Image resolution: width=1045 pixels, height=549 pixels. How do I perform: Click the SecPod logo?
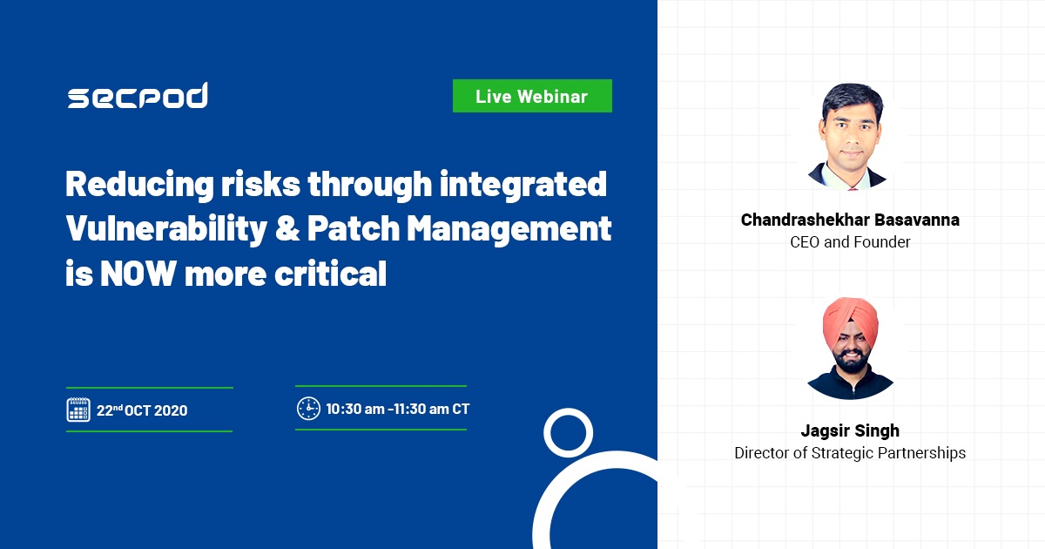point(138,96)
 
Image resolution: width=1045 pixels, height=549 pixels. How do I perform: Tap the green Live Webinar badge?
point(532,96)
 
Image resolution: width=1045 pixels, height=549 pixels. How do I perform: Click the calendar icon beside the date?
point(78,410)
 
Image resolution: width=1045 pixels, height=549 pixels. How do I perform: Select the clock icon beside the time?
point(308,409)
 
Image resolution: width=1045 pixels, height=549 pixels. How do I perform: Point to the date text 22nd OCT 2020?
point(142,410)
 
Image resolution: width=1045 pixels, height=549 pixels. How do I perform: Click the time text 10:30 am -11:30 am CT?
point(397,409)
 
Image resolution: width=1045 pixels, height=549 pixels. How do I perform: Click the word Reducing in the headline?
point(139,185)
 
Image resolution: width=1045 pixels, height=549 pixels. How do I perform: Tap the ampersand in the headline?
point(287,228)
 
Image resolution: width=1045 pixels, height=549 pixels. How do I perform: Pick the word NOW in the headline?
point(138,274)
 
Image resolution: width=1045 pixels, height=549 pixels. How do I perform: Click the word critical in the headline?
point(330,273)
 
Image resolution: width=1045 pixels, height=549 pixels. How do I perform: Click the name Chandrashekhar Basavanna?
point(850,220)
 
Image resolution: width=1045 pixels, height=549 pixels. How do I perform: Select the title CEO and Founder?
point(850,242)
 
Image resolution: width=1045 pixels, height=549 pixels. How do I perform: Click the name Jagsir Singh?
point(850,430)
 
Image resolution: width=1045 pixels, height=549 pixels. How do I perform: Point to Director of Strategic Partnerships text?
point(850,453)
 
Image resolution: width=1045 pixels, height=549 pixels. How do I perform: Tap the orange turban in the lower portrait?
point(850,320)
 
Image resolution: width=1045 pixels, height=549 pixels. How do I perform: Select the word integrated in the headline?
point(523,185)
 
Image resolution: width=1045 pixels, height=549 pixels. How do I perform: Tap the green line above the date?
point(150,388)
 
